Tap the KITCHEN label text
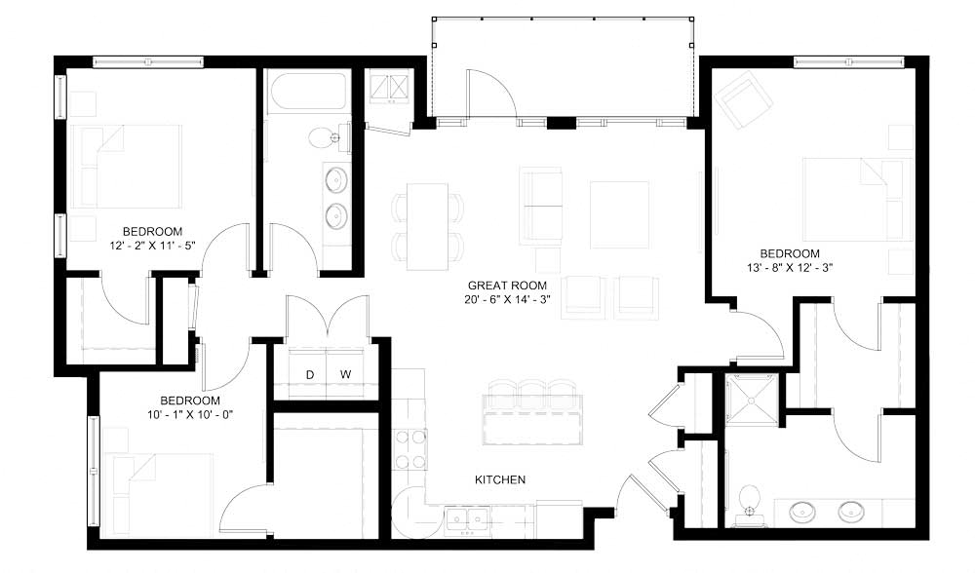[x=500, y=479]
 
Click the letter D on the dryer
[x=310, y=374]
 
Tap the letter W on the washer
[x=344, y=374]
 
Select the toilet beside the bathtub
[x=326, y=138]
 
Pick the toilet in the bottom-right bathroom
[x=749, y=499]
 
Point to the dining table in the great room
[x=427, y=226]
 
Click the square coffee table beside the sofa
[x=619, y=214]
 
